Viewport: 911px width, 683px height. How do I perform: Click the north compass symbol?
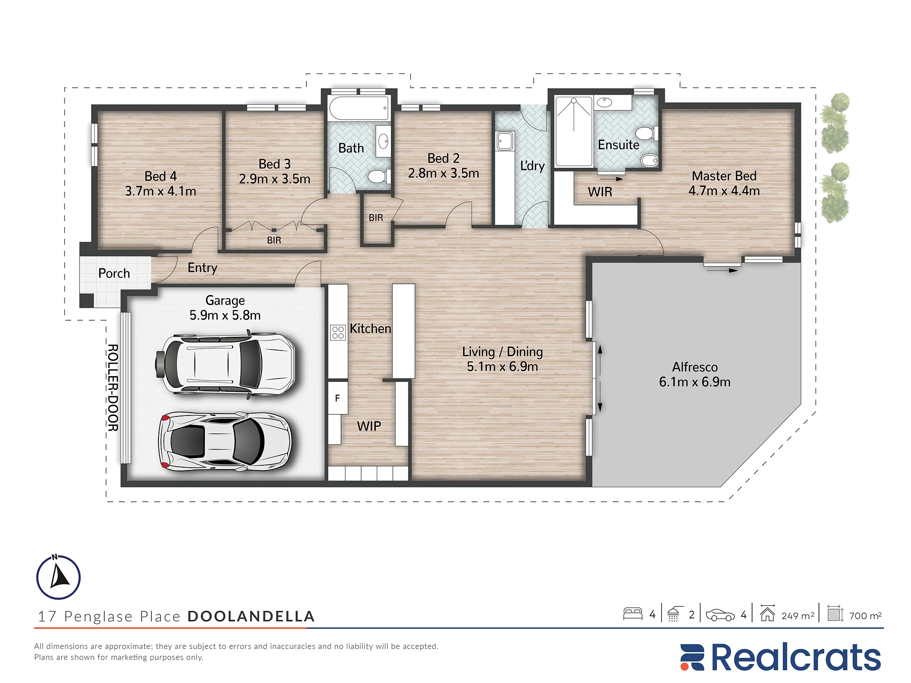[x=58, y=577]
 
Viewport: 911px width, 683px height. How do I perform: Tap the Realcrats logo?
[x=781, y=657]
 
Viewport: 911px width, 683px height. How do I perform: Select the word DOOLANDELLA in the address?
[x=251, y=616]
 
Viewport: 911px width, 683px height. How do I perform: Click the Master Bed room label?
[x=724, y=176]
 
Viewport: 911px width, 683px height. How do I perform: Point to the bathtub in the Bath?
[x=359, y=108]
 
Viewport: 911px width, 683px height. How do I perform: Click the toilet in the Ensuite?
[x=646, y=133]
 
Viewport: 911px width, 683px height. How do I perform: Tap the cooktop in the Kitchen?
[x=338, y=332]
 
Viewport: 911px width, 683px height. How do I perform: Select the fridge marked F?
[x=338, y=398]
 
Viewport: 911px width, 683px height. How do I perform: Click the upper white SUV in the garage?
[x=225, y=364]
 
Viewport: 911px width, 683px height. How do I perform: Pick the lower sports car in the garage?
[x=225, y=442]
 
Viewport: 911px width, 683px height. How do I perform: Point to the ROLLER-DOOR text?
[x=113, y=388]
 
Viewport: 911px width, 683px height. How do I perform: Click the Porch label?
[x=114, y=273]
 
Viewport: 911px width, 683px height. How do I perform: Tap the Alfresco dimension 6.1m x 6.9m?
[x=695, y=382]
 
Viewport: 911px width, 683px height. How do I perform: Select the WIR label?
[x=600, y=192]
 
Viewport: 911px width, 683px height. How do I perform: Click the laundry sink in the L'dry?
[x=505, y=141]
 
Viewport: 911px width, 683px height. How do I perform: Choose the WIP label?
[x=369, y=426]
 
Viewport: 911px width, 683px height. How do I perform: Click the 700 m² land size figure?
[x=865, y=615]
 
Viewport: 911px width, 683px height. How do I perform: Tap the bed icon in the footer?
[x=632, y=614]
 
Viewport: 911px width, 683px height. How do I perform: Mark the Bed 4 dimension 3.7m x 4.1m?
[x=160, y=191]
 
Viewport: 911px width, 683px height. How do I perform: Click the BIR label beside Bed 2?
[x=376, y=218]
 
